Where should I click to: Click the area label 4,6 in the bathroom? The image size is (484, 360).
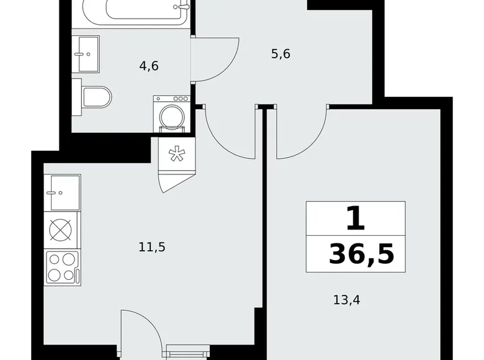(149, 65)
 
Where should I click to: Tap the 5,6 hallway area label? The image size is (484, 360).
(281, 54)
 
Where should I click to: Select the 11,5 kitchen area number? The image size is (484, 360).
(151, 247)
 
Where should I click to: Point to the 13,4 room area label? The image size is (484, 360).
(346, 301)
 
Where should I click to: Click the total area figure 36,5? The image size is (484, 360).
(361, 254)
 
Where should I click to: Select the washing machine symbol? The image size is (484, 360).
(172, 114)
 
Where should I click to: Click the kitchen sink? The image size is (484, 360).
(62, 192)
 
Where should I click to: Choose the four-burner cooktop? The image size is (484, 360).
(62, 267)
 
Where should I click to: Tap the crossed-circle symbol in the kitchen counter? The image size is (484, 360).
(62, 230)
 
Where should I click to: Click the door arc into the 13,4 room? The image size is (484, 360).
(301, 133)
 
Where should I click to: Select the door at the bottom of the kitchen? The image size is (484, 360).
(141, 335)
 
